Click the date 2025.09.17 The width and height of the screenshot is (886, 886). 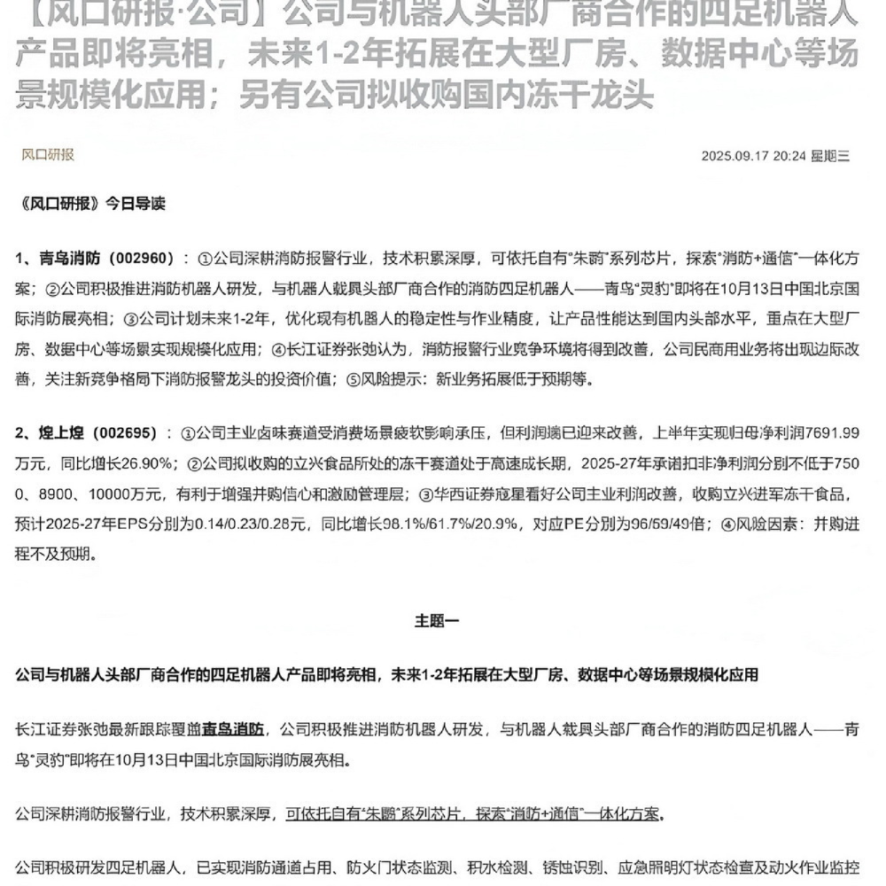click(x=734, y=156)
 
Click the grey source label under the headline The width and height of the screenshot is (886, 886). click(x=48, y=154)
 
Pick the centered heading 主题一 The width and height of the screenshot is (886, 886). click(x=437, y=621)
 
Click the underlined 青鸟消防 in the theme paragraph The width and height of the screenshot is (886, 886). click(x=233, y=730)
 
